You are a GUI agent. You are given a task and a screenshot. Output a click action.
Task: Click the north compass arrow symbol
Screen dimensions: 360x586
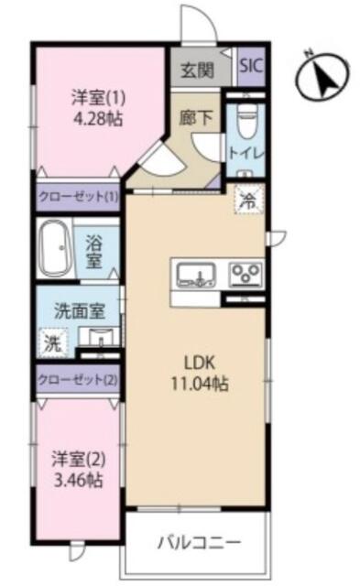click(322, 76)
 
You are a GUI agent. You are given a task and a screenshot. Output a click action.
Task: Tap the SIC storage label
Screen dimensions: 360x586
click(251, 66)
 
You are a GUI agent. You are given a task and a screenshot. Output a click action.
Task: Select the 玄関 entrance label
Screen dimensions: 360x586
click(197, 70)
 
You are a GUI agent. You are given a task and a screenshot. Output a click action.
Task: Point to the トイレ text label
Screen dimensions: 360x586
click(246, 153)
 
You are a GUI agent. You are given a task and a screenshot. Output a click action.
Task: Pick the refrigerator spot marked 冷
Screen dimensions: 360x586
click(249, 201)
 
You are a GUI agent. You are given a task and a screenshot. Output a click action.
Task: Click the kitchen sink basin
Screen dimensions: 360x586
click(196, 275)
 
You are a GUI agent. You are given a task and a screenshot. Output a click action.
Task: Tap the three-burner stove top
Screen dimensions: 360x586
click(245, 275)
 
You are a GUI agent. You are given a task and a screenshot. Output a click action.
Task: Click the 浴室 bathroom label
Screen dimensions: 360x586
click(94, 251)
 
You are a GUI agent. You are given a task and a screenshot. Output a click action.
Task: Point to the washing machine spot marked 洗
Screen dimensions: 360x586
click(53, 343)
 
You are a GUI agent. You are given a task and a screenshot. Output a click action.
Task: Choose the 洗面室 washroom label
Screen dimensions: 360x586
click(80, 311)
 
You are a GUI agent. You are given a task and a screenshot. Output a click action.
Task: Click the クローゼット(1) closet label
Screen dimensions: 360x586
click(78, 196)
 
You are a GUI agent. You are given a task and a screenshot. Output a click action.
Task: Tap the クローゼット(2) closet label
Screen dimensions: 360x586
click(78, 380)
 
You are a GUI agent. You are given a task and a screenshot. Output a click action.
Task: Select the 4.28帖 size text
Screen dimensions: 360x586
click(98, 119)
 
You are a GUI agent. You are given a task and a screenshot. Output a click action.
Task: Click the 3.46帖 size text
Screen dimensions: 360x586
click(78, 480)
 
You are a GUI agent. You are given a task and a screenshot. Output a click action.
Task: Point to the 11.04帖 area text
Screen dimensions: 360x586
click(200, 383)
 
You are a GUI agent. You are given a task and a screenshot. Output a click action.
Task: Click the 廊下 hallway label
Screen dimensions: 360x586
click(195, 118)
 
